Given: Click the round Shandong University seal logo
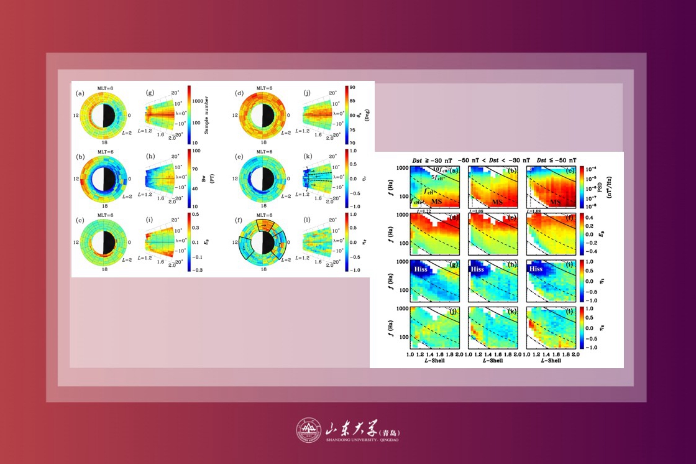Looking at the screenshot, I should [307, 430].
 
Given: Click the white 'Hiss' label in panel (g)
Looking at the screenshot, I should [423, 269].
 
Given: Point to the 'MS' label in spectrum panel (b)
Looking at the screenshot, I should [498, 202].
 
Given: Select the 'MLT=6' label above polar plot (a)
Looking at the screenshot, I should [100, 88].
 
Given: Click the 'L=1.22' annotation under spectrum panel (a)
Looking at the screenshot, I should [423, 211].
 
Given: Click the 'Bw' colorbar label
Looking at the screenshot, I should [203, 179].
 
